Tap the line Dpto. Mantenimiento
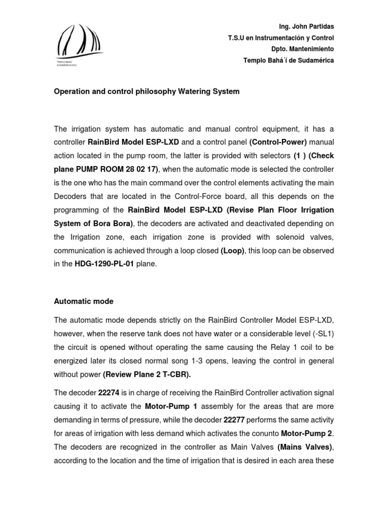click(302, 49)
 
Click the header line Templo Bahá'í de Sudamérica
click(288, 61)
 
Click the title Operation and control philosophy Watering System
click(147, 92)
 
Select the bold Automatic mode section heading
click(83, 301)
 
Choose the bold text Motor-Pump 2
click(307, 433)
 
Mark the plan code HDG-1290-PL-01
click(105, 264)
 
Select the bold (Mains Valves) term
click(305, 446)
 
